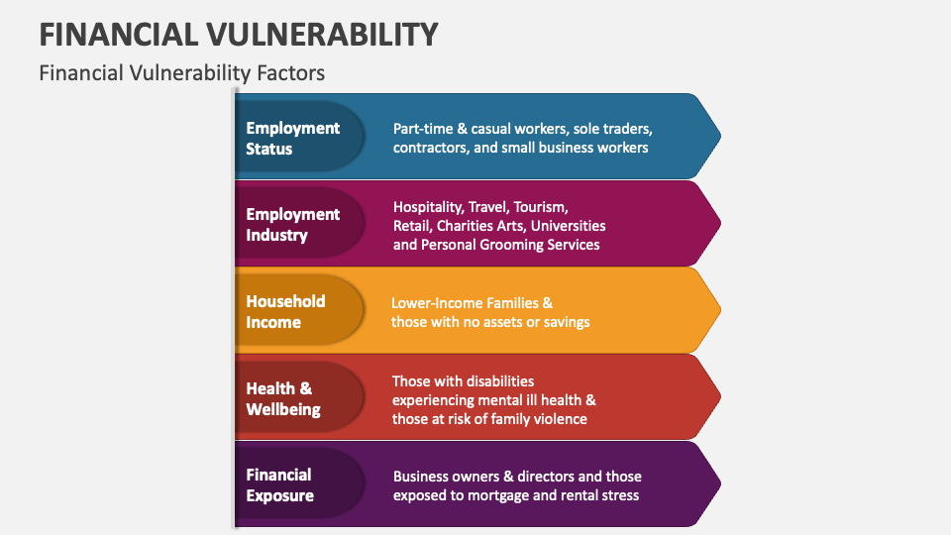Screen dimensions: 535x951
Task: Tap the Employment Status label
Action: pyautogui.click(x=292, y=138)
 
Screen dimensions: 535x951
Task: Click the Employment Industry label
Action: pyautogui.click(x=292, y=224)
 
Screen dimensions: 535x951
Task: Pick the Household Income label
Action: pyautogui.click(x=285, y=311)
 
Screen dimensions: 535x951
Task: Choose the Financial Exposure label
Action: pyautogui.click(x=280, y=485)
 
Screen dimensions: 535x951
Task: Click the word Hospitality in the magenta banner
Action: pyautogui.click(x=429, y=207)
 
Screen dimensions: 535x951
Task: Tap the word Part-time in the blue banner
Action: pyautogui.click(x=424, y=129)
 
